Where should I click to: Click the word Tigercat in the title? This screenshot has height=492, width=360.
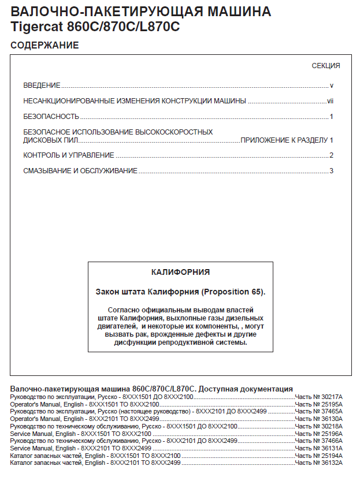(35, 27)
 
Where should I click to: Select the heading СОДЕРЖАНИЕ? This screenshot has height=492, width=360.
(44, 45)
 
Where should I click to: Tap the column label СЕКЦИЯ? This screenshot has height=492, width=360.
(326, 66)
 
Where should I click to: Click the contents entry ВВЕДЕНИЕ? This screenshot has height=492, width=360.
(42, 85)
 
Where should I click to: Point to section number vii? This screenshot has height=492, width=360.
(331, 101)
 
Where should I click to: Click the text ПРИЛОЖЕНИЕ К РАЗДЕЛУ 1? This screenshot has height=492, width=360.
(287, 140)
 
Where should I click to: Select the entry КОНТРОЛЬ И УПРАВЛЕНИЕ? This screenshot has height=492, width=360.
(69, 155)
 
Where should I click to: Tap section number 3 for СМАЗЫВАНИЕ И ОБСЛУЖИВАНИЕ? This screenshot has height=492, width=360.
(332, 171)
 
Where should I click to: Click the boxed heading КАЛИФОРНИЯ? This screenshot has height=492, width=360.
(180, 271)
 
